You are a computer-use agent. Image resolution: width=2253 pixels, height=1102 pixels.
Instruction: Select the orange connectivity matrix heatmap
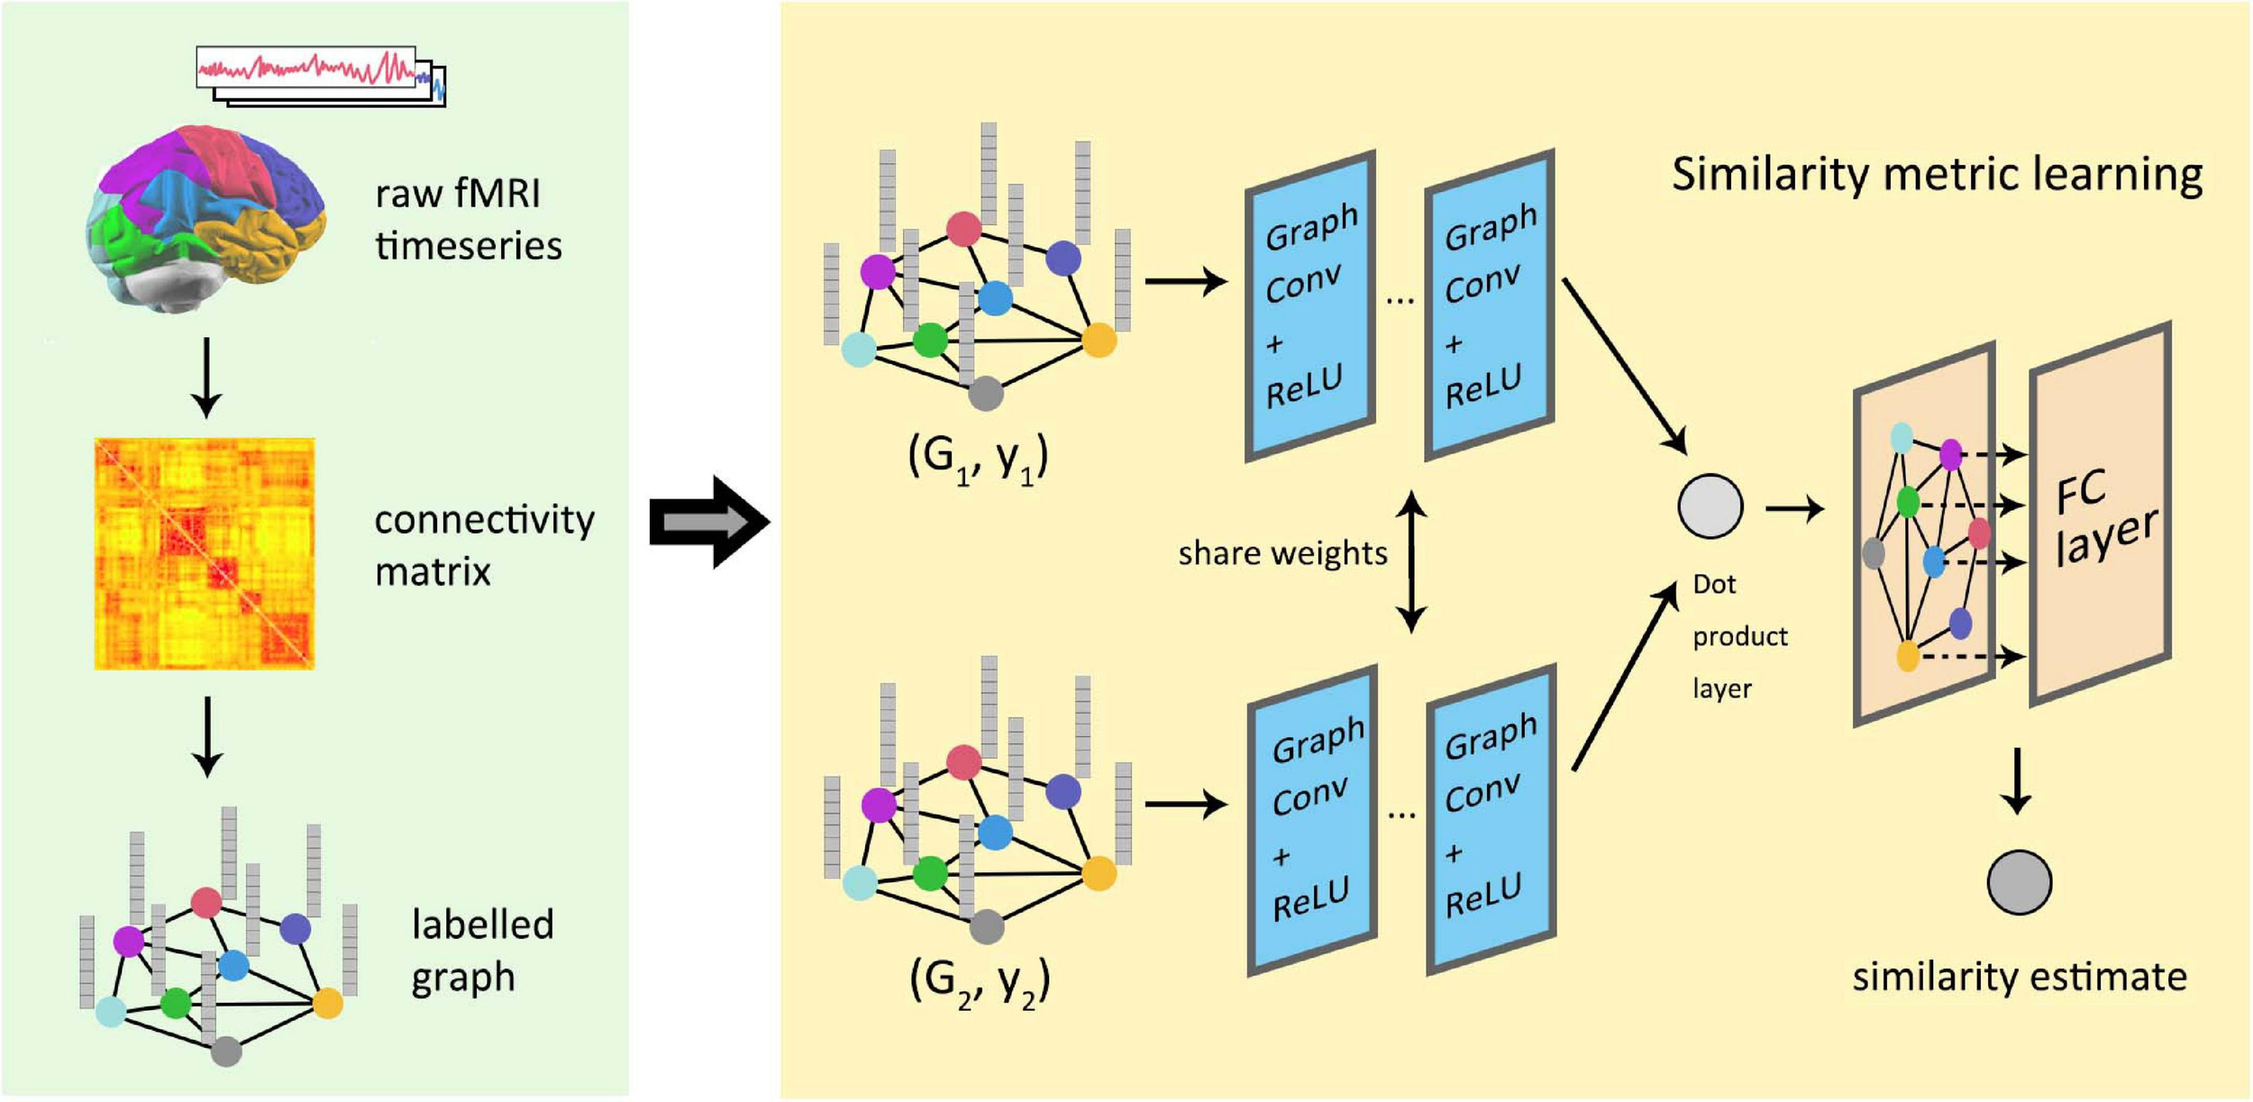(205, 553)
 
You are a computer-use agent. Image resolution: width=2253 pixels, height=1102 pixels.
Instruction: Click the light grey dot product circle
(1710, 506)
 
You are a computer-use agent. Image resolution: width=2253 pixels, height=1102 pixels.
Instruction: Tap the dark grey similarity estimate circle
(2019, 882)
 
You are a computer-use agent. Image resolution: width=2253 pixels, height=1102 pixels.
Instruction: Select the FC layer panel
(2100, 514)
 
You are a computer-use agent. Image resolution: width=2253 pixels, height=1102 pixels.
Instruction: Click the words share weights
(1282, 552)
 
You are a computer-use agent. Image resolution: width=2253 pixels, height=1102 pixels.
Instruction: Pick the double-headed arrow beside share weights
(1410, 560)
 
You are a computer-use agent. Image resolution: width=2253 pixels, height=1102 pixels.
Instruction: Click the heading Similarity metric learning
(1937, 175)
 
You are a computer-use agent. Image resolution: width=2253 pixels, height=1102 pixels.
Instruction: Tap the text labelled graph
(481, 950)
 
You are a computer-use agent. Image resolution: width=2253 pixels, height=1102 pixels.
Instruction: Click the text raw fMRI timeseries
(468, 219)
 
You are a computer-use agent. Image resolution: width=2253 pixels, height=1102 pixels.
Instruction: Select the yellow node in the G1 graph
(1098, 341)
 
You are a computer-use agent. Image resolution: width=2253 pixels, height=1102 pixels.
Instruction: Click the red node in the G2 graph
(963, 762)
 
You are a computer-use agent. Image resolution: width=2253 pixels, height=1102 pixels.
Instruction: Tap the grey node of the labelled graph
(225, 1051)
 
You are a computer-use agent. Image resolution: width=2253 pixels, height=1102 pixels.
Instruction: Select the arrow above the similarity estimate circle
(2016, 780)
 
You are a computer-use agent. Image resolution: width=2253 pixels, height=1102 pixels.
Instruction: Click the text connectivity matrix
(483, 545)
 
